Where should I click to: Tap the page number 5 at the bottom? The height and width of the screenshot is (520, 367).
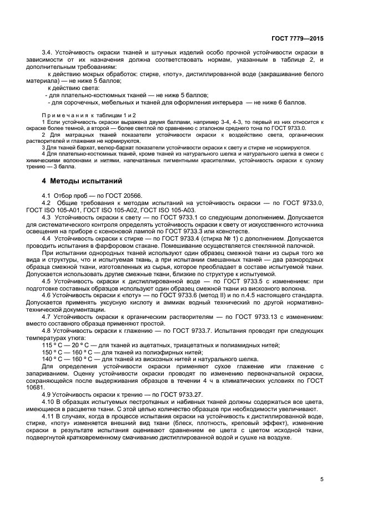pos(322,479)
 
